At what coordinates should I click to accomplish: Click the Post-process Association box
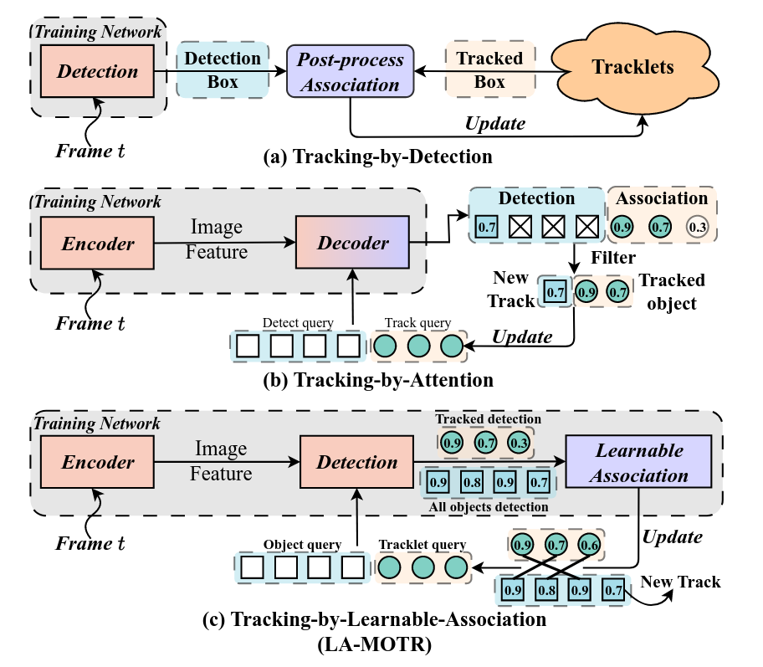click(351, 71)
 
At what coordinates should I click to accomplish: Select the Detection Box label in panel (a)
click(222, 70)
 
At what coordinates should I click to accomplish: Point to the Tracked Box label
click(489, 70)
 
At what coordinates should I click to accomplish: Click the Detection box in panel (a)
click(98, 71)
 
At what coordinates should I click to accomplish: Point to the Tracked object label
click(672, 291)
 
